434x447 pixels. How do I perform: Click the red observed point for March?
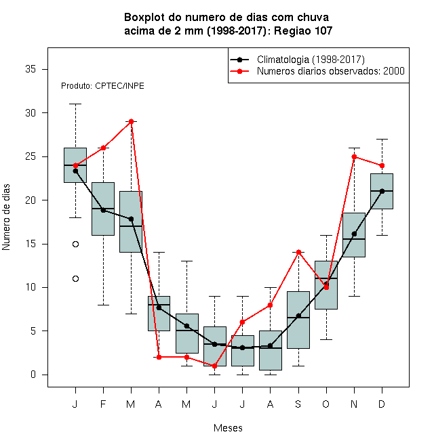[x=131, y=121]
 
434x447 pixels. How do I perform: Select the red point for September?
[x=298, y=252]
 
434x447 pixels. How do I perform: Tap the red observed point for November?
[x=354, y=156]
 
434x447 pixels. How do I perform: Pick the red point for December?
[x=382, y=165]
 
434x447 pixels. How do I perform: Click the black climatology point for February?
[x=103, y=210]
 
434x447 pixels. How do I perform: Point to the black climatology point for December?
[x=382, y=191]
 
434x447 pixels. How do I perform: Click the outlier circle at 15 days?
[x=75, y=244]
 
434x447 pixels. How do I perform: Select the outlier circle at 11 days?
[x=75, y=278]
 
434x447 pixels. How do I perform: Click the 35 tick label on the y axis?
[x=31, y=69]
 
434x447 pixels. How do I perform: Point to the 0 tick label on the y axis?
[x=33, y=375]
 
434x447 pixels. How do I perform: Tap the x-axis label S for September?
[x=298, y=404]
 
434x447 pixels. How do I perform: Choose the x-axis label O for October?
[x=325, y=404]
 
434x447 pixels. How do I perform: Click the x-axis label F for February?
[x=103, y=404]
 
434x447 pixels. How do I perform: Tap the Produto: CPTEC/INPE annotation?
[x=102, y=86]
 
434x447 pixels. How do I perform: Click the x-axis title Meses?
[x=228, y=428]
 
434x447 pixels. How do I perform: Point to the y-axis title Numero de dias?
[x=6, y=217]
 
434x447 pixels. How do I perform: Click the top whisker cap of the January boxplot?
[x=75, y=104]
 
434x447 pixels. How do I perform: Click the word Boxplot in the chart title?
[x=144, y=18]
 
